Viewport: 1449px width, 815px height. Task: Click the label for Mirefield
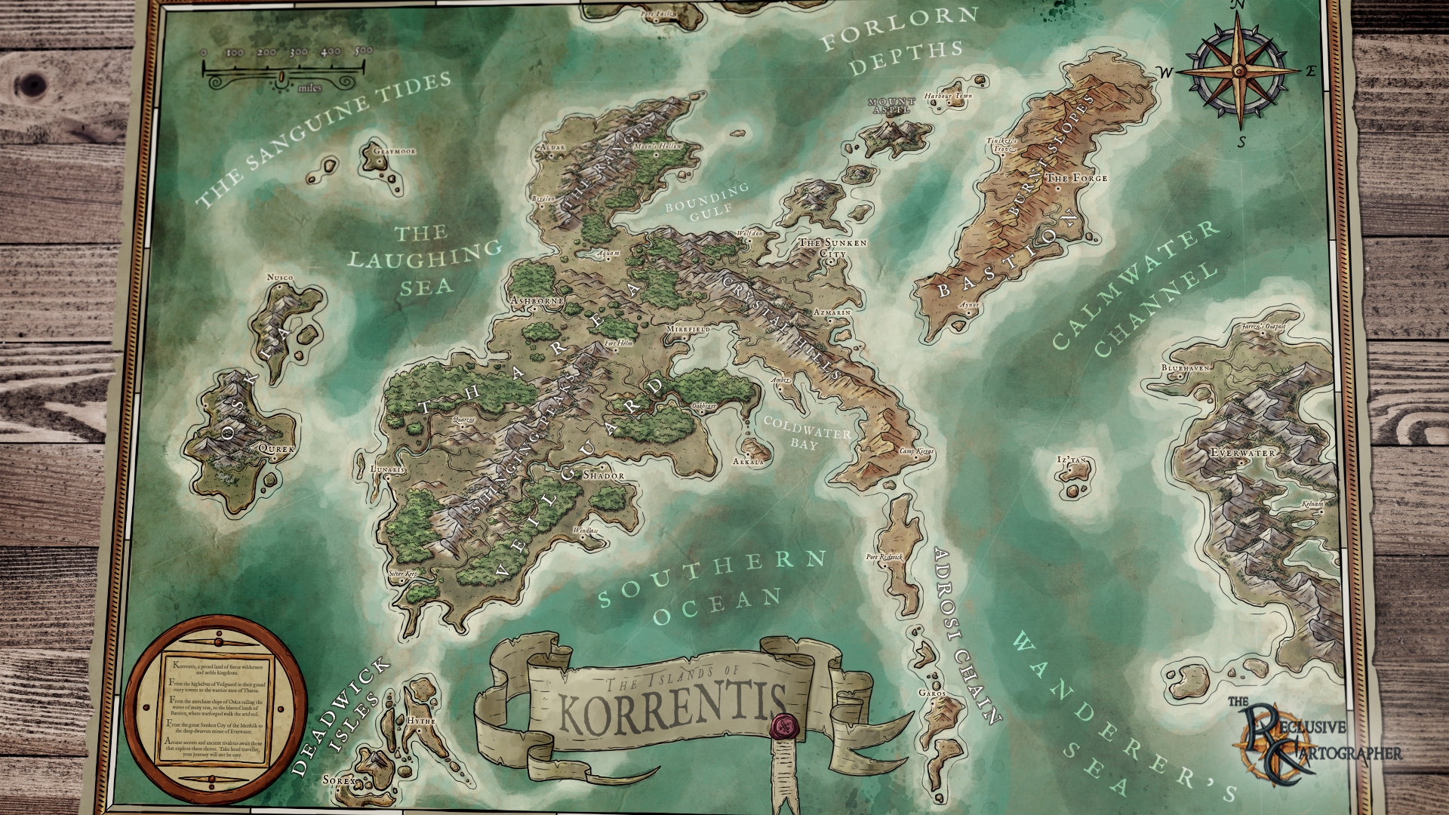688,330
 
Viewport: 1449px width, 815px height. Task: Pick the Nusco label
280,278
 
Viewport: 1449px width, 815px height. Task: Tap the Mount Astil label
891,105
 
